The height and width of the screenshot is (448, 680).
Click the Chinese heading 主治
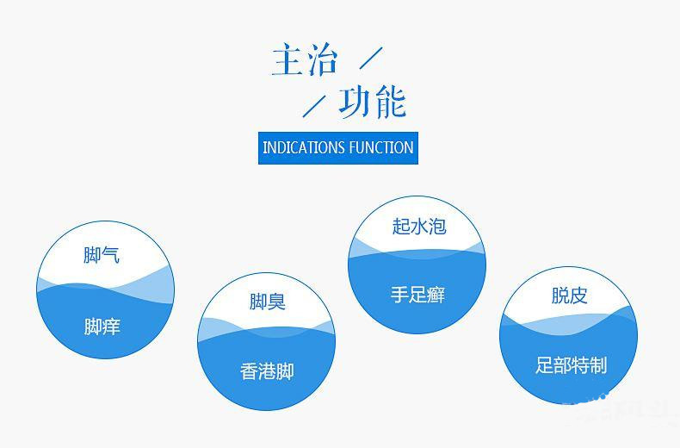pos(305,59)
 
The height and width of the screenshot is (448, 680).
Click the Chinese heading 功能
pos(372,102)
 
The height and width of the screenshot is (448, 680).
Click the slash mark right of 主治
pos(371,58)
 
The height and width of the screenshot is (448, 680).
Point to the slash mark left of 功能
pos(314,106)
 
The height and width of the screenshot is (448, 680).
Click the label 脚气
pos(102,255)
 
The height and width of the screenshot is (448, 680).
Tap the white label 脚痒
pos(102,327)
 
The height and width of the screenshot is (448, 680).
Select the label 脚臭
pos(267,302)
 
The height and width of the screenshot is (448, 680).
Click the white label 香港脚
pos(267,371)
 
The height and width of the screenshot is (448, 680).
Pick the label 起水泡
pos(419,227)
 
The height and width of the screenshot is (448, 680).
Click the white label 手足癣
pos(417,295)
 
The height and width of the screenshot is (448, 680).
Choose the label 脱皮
pos(570,296)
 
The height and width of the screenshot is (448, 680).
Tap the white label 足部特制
pos(571,365)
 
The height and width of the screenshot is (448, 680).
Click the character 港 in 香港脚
pos(267,371)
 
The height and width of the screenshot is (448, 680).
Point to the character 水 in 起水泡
pos(419,227)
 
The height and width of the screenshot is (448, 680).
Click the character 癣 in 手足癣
pos(436,295)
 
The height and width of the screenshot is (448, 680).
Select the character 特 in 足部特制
pos(580,365)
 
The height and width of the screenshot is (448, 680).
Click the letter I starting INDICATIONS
pos(264,147)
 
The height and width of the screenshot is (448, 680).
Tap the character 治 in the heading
pos(322,59)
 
